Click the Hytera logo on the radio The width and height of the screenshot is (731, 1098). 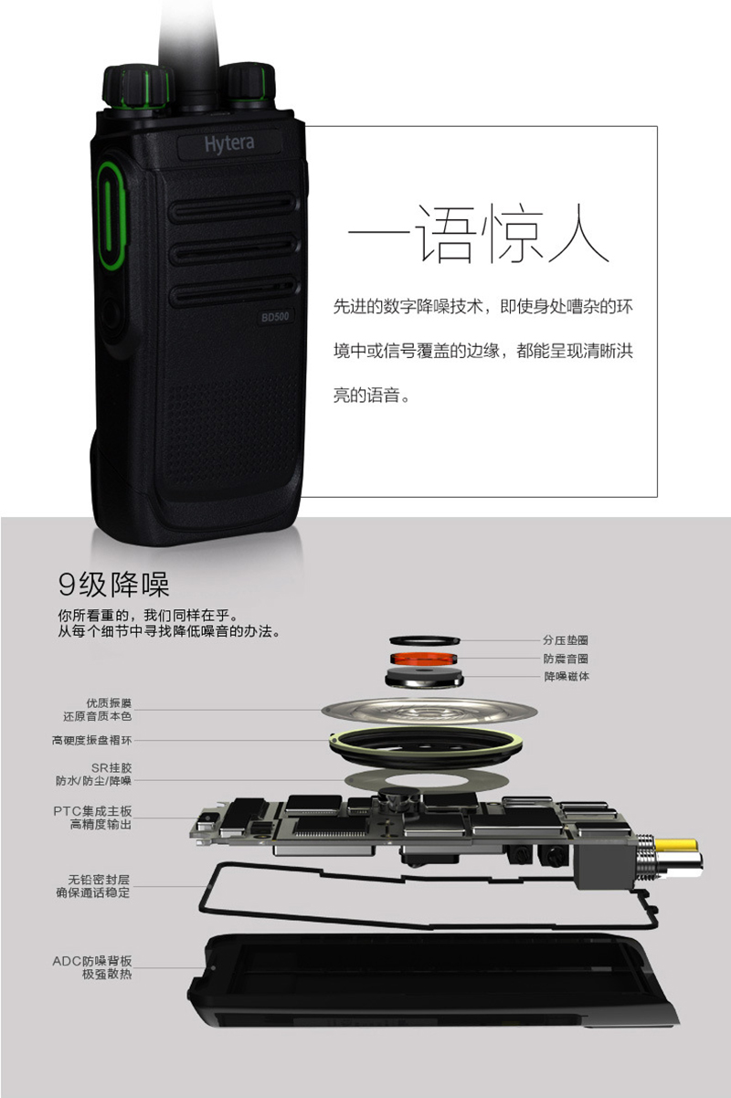coord(229,144)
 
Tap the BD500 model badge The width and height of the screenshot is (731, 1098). coord(275,317)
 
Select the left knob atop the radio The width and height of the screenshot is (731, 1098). coord(137,88)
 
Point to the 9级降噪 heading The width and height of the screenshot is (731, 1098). coord(113,584)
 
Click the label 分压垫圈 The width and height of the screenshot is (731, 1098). coord(566,639)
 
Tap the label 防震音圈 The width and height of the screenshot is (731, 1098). coord(566,659)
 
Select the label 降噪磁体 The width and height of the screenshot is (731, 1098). coord(567,677)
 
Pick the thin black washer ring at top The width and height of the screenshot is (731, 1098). coord(425,640)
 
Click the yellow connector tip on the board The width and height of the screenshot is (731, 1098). coord(676,845)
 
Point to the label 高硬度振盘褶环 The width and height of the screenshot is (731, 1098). coord(92,740)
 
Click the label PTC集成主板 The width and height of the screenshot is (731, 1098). coord(92,811)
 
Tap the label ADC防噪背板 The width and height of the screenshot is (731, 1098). coord(92,961)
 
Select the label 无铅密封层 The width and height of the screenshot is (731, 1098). coord(99,880)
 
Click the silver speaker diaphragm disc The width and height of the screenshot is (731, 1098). coord(429,711)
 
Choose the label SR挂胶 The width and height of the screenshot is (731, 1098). coord(111,767)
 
